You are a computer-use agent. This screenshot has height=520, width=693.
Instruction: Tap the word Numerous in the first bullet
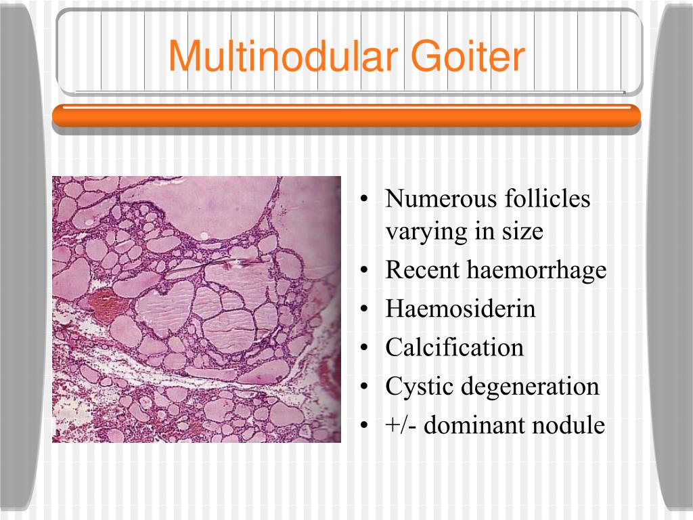tap(441, 199)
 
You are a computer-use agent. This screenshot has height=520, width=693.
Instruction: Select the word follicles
tap(547, 199)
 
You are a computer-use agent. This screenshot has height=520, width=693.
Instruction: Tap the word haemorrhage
tap(537, 271)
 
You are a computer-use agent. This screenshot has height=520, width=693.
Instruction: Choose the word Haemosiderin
tap(460, 309)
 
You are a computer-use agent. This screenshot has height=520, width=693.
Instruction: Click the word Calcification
tap(455, 348)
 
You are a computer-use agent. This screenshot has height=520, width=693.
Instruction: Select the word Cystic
tap(420, 387)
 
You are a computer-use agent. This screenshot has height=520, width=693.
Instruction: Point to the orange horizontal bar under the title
tap(346, 116)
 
